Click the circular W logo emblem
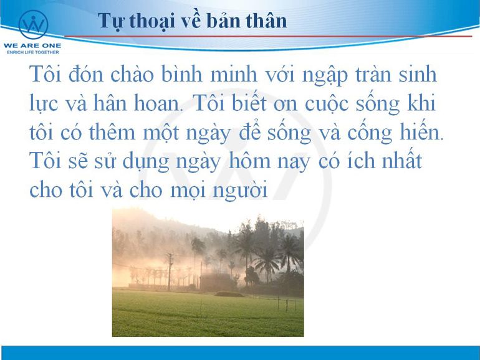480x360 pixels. pos(34,25)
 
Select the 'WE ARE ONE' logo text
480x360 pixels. pos(32,46)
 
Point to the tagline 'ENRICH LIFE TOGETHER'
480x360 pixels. pos(33,52)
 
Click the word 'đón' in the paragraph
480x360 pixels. pos(86,74)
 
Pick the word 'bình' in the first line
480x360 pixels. pos(182,74)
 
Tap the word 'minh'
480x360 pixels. pos(234,74)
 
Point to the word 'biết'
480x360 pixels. pos(249,103)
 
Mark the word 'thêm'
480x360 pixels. pos(112,132)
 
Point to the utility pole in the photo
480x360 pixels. pos(170,272)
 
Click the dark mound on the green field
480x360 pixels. pos(229,294)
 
